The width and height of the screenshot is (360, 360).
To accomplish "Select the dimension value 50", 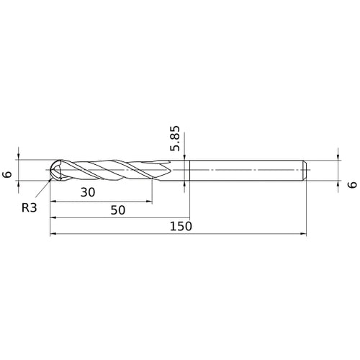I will [x=118, y=210].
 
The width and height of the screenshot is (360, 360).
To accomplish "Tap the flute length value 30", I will [x=88, y=192].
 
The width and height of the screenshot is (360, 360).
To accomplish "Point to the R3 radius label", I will [x=30, y=207].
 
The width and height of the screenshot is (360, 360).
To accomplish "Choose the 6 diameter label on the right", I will [x=351, y=184].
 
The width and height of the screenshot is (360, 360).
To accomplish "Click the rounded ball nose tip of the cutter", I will [x=53, y=171].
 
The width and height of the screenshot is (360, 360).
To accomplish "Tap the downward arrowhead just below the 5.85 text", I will [x=186, y=158].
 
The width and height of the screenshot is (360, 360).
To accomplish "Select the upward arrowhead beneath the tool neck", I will [x=186, y=184].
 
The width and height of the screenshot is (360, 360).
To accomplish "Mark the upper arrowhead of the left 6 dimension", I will [x=19, y=157].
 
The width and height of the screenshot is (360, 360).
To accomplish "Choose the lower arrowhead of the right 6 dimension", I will [x=338, y=184].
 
